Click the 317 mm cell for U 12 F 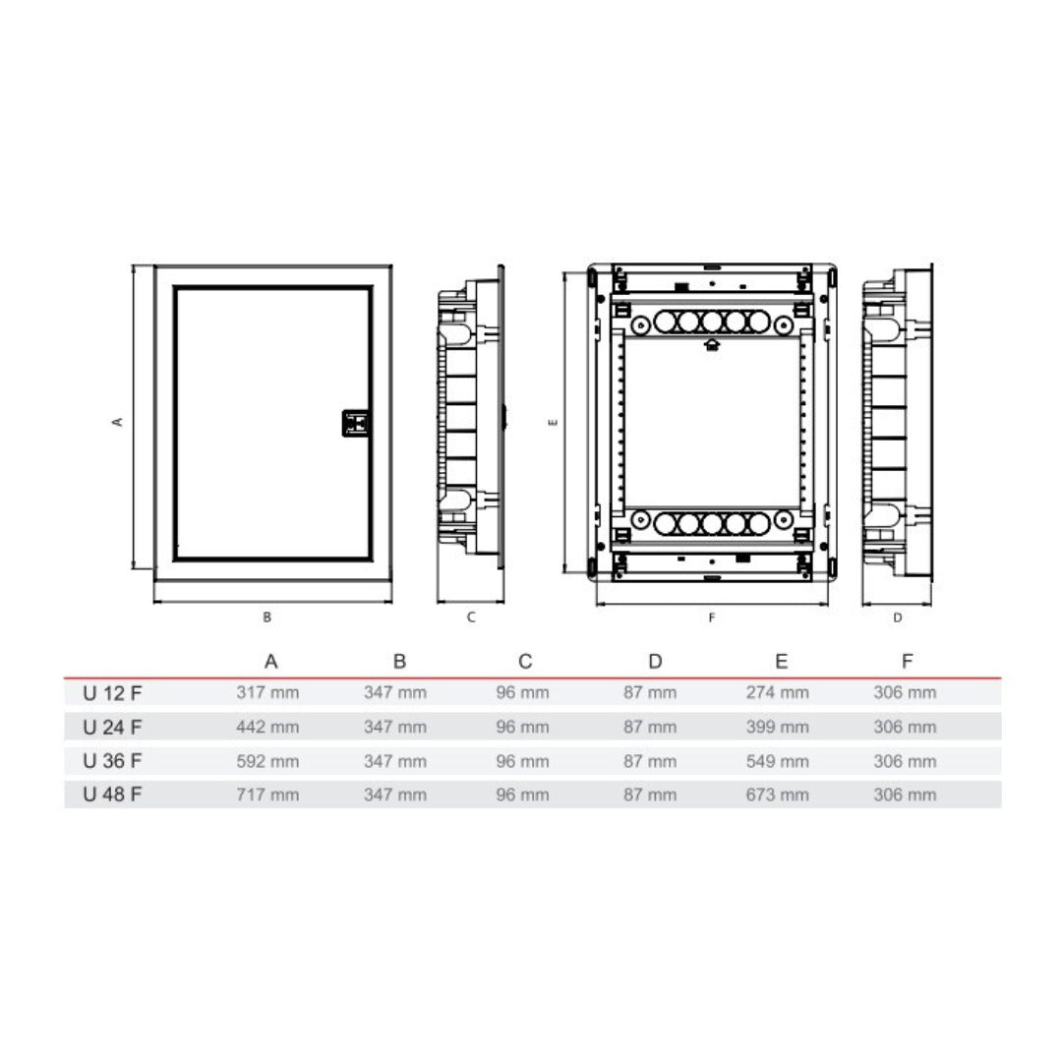(267, 692)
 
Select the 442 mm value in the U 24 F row (267, 727)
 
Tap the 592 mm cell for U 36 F (267, 761)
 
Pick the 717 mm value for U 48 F (267, 795)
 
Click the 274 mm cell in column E (778, 692)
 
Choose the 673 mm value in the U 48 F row (778, 795)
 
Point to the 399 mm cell (778, 727)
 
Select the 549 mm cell (778, 761)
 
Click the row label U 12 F (112, 693)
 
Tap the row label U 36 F (112, 760)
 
